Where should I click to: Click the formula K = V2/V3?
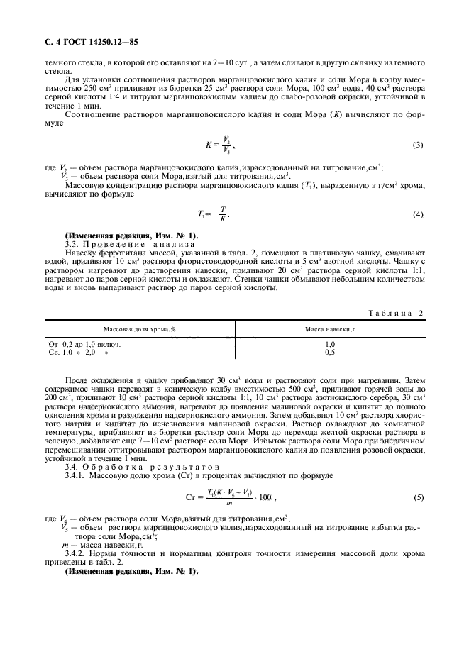click(215, 145)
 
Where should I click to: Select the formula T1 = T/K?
click(214, 214)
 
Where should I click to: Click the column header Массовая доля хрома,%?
click(140, 330)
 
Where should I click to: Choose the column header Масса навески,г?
click(329, 330)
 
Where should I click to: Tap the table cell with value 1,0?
click(329, 343)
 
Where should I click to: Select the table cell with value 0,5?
click(329, 351)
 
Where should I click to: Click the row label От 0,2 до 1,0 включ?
click(84, 343)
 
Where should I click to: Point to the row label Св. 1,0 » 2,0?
click(79, 351)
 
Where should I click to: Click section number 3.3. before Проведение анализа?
click(73, 243)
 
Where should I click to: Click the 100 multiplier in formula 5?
click(265, 498)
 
